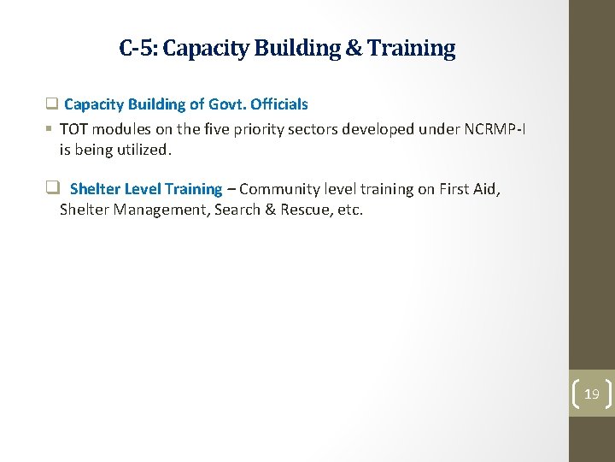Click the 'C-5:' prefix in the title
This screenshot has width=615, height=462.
tap(138, 48)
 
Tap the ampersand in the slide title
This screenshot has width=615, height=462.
tap(354, 48)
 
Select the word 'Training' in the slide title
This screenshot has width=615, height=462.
tap(413, 48)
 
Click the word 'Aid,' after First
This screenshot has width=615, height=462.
tap(487, 189)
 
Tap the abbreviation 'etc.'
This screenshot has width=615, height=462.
tap(350, 210)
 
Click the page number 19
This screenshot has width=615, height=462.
tap(591, 394)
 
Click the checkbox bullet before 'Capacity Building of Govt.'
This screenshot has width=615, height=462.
tap(51, 104)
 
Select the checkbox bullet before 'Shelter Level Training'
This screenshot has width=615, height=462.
tap(52, 189)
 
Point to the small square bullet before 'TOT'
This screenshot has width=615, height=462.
tap(50, 129)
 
